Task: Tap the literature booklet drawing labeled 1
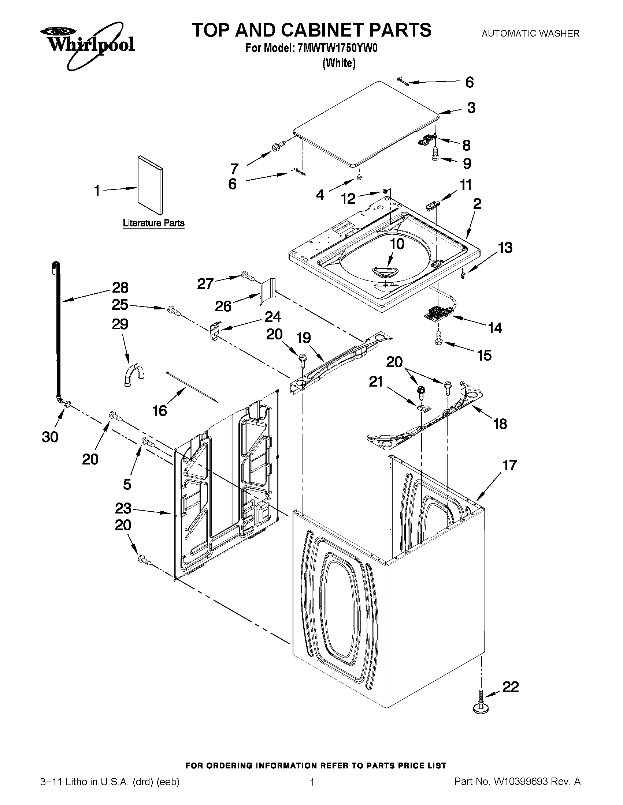coord(149,185)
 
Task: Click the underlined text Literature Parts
coord(153,223)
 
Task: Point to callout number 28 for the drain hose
coord(120,287)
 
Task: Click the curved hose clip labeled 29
coord(134,375)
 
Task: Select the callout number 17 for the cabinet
coord(509,466)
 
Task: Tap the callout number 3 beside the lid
coord(471,108)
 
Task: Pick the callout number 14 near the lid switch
coord(495,328)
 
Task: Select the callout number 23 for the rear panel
coord(123,508)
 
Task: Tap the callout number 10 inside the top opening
coord(397,244)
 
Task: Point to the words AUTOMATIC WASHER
coord(530,34)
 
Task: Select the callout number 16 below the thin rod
coord(159,411)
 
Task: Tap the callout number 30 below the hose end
coord(50,437)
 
